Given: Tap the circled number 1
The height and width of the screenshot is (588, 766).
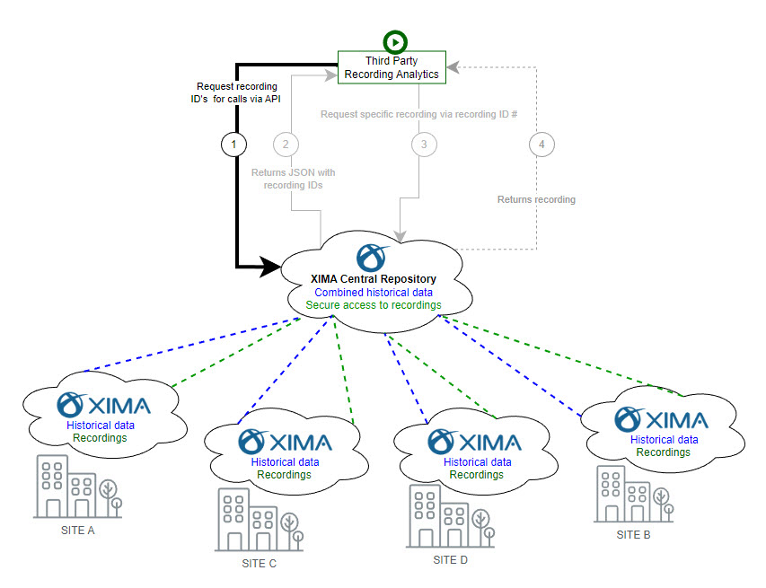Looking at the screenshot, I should [x=234, y=144].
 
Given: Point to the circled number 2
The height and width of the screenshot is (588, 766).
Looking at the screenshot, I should [x=286, y=144].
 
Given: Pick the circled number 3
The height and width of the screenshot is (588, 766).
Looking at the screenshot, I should [x=425, y=144].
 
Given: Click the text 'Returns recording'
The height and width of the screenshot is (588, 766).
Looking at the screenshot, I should [x=536, y=199].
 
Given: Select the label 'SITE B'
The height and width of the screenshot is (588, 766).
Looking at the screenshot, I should [x=633, y=535].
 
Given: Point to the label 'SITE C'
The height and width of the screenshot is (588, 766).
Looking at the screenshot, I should [x=259, y=564].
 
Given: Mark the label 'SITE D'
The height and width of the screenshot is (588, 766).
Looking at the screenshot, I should [x=450, y=560].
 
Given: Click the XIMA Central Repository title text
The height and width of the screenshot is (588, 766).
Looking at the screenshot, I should [x=373, y=279].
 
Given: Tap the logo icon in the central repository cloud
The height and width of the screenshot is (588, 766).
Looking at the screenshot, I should [x=372, y=257].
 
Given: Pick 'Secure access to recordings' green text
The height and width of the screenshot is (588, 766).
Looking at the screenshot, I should [x=373, y=305].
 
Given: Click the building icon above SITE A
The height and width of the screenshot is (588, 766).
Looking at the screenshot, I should [x=78, y=486].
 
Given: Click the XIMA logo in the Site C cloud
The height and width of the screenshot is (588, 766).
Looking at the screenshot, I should [x=285, y=442].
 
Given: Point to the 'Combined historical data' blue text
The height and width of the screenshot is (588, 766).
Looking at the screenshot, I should [x=373, y=293].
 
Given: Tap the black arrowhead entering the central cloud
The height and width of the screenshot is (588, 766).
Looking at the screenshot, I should [x=272, y=265].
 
